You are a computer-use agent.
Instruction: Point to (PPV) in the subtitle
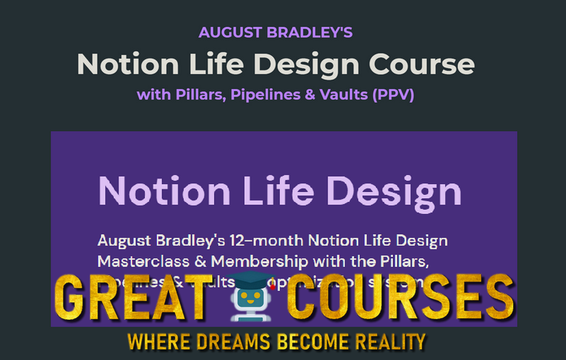393,94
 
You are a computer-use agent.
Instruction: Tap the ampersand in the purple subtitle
309,94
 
